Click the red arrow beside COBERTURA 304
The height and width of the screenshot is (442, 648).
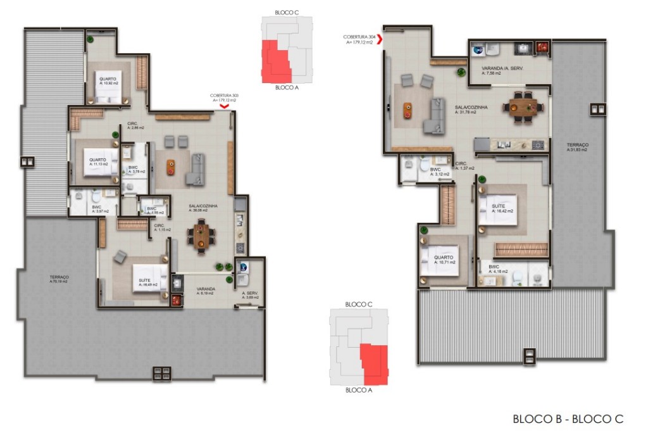(x=380, y=38)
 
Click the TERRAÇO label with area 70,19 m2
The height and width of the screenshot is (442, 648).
(x=58, y=278)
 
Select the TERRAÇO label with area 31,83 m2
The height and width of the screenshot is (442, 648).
(x=576, y=147)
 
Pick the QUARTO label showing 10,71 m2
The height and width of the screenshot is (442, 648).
(x=443, y=259)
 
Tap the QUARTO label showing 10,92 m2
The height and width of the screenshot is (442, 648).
(x=108, y=81)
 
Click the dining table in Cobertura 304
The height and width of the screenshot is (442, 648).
(x=523, y=105)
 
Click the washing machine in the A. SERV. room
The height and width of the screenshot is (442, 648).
(x=242, y=268)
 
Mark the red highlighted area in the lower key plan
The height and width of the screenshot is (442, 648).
(x=373, y=363)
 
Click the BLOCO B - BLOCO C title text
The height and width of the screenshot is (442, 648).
(x=568, y=419)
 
